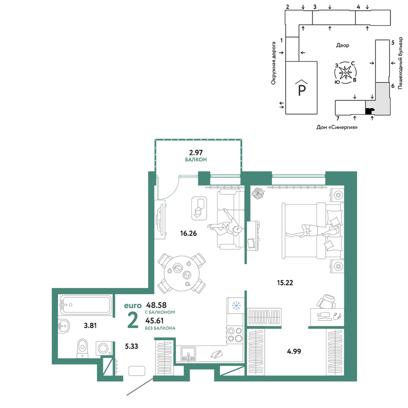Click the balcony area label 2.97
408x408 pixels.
click(196, 152)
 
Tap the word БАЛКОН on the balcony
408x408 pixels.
click(196, 160)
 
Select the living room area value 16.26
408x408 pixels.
click(188, 233)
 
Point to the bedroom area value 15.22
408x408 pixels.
click(285, 283)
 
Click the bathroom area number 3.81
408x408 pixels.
click(90, 326)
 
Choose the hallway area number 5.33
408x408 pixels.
click(131, 346)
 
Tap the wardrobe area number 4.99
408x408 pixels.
click(294, 352)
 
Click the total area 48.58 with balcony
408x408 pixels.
click(156, 305)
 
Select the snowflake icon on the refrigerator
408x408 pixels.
click(236, 306)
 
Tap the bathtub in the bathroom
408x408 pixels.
click(86, 304)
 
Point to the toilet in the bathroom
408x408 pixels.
click(83, 348)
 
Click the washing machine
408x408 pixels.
click(104, 348)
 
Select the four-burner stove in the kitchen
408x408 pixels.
click(235, 335)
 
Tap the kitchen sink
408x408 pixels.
click(188, 355)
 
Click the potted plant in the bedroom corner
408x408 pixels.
click(258, 193)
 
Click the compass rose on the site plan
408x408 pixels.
click(345, 73)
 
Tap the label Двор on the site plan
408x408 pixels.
click(342, 45)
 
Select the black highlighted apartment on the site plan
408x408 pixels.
click(369, 111)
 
